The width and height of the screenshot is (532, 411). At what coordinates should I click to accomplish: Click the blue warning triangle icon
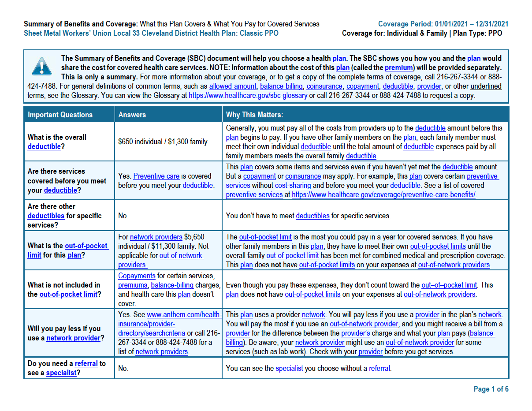pyautogui.click(x=41, y=67)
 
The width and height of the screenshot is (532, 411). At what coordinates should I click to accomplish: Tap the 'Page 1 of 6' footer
pyautogui.click(x=491, y=389)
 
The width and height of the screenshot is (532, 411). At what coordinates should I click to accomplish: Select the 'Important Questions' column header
pyautogui.click(x=60, y=115)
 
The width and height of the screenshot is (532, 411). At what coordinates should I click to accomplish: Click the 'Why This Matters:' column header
pyautogui.click(x=254, y=115)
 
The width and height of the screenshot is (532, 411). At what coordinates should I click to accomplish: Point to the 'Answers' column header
pyautogui.click(x=132, y=115)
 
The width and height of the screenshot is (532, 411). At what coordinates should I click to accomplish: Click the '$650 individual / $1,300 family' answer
pyautogui.click(x=163, y=142)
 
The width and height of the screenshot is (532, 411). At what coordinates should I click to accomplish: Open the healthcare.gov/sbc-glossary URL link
pyautogui.click(x=248, y=95)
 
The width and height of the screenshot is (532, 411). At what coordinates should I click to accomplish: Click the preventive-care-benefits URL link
pyautogui.click(x=383, y=194)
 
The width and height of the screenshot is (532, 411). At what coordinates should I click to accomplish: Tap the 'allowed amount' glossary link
pyautogui.click(x=232, y=86)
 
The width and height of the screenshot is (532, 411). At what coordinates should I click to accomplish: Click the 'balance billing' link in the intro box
pyautogui.click(x=281, y=86)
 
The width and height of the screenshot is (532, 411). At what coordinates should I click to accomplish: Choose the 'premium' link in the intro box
pyautogui.click(x=399, y=67)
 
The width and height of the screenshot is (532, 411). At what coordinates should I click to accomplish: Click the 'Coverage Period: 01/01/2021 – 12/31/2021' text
pyautogui.click(x=443, y=24)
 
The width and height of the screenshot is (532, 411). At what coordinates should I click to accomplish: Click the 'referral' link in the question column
pyautogui.click(x=86, y=363)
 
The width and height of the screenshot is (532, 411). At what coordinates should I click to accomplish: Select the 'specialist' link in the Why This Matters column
pyautogui.click(x=289, y=368)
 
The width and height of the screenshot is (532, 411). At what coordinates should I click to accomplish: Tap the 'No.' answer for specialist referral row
pyautogui.click(x=123, y=368)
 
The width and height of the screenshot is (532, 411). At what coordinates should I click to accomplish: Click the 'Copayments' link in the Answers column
pyautogui.click(x=137, y=276)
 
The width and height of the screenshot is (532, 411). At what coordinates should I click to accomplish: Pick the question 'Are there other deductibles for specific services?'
pyautogui.click(x=64, y=216)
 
